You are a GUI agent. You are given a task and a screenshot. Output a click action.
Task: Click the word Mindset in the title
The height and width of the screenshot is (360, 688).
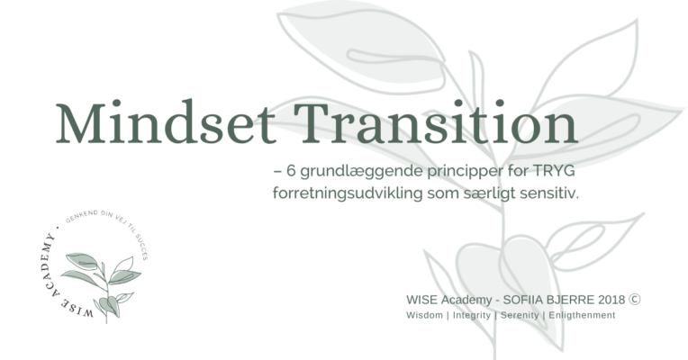point(166,121)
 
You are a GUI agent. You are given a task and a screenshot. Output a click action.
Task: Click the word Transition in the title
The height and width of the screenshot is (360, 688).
point(436,121)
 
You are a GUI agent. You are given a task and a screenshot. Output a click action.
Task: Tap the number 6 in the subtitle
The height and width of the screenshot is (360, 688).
point(292,171)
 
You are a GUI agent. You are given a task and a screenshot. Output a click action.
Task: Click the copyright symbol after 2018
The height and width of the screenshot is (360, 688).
point(635,300)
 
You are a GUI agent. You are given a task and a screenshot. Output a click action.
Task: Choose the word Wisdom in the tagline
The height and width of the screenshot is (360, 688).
point(424,315)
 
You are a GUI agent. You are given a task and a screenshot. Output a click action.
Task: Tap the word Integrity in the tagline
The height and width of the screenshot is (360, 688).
point(472,316)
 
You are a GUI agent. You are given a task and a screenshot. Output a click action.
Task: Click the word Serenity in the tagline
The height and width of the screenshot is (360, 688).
point(520,316)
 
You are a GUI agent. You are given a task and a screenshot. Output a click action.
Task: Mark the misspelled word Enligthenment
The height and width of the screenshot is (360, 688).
point(582,316)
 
